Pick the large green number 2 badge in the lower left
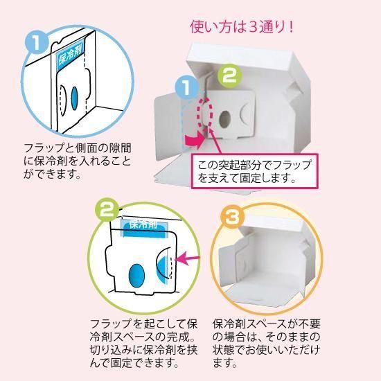click(x=105, y=211)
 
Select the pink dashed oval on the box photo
click(x=206, y=116)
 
